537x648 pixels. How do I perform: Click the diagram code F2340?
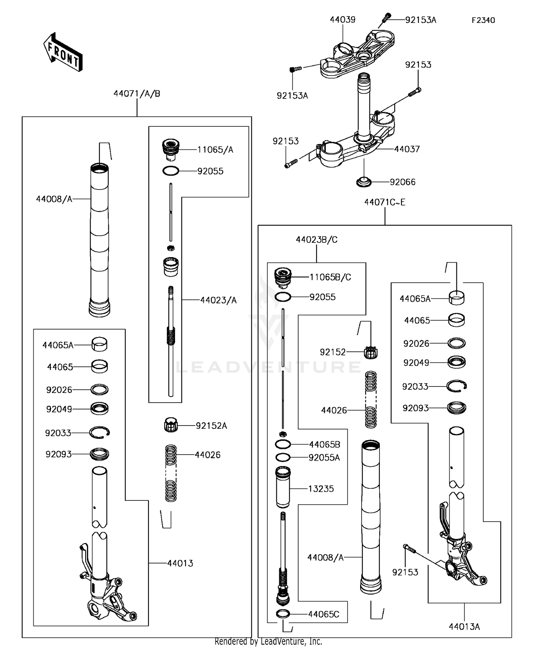click(x=483, y=20)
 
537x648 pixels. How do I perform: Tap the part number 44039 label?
click(x=343, y=20)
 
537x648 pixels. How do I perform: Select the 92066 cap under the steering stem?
click(x=364, y=182)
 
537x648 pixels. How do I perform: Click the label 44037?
click(x=407, y=149)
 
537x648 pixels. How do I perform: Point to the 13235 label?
click(x=321, y=489)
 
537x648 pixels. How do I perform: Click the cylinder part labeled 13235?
click(x=283, y=488)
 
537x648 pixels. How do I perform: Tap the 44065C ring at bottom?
click(x=283, y=614)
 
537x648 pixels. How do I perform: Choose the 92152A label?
click(x=211, y=426)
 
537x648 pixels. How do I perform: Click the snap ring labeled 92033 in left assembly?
click(x=100, y=432)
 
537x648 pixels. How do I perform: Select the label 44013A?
click(x=464, y=627)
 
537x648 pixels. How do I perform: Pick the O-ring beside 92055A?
click(x=283, y=457)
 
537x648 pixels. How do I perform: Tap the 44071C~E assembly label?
click(x=384, y=202)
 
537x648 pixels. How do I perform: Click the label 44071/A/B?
click(x=137, y=94)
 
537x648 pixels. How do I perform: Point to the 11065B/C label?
click(x=330, y=277)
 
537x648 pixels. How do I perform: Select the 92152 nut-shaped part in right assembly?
click(x=371, y=352)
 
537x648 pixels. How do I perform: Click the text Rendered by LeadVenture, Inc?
click(x=268, y=642)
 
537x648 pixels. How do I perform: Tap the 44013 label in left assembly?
click(x=180, y=563)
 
